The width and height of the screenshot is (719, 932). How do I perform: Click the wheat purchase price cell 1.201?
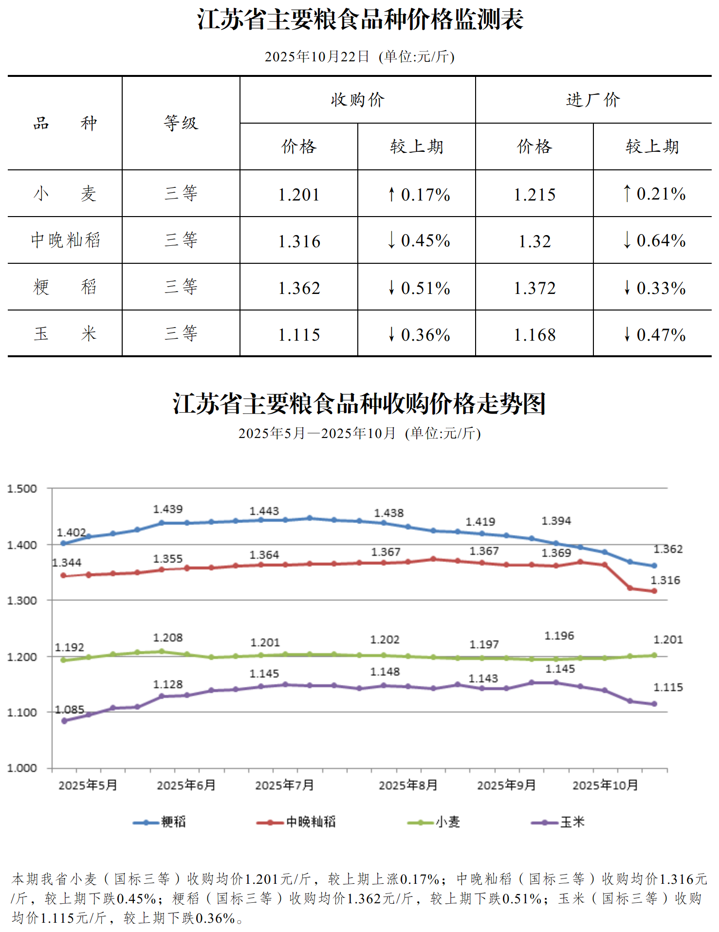pos(299,194)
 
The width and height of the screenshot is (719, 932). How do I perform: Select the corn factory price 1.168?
pos(535,334)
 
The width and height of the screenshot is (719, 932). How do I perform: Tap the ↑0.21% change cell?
pos(653,194)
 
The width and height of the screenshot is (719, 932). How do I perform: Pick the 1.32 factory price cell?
pos(535,241)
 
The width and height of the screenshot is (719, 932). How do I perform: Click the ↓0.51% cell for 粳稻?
pos(418,288)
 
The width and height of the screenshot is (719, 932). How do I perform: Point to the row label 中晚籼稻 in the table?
pos(65,240)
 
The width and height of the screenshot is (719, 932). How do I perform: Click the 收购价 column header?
pos(357,100)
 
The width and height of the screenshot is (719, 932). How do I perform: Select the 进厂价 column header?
pos(593,100)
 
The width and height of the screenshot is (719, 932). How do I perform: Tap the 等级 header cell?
pos(181,123)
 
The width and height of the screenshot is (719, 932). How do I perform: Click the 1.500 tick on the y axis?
pos(22,489)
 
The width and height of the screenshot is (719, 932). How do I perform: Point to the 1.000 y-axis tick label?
pos(22,768)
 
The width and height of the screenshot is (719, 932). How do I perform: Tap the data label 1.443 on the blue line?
pos(264,511)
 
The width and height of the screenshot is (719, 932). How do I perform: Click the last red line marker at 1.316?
pos(654,591)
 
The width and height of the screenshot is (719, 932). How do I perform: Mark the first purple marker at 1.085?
pos(64,721)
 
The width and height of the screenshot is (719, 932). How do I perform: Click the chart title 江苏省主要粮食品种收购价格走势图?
pos(359,404)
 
